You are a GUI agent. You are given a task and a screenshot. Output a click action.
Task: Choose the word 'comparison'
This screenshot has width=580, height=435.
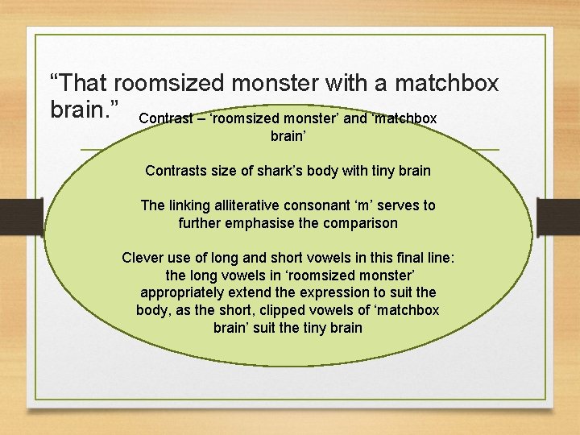point(361,223)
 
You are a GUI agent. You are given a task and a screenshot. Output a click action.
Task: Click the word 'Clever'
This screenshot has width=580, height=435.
point(143,258)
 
